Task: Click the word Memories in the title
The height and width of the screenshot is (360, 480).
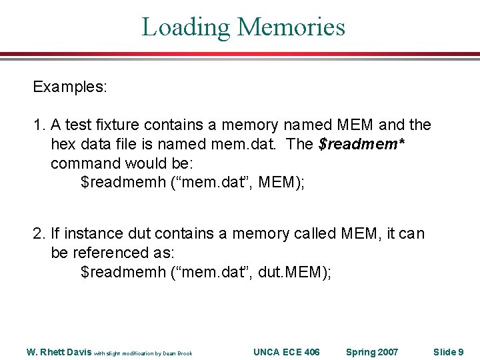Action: coord(291,27)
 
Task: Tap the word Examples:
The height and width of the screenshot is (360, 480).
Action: coord(71,87)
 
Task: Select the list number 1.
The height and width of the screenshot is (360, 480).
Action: coord(39,125)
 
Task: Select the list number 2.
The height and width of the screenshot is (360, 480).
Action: coord(39,233)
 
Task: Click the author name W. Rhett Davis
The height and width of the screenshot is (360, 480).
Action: coord(59,352)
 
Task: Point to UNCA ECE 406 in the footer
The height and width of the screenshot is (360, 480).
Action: coord(287,352)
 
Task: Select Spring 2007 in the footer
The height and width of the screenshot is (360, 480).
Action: coord(372,352)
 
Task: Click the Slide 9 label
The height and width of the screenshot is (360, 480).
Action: coord(448,352)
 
